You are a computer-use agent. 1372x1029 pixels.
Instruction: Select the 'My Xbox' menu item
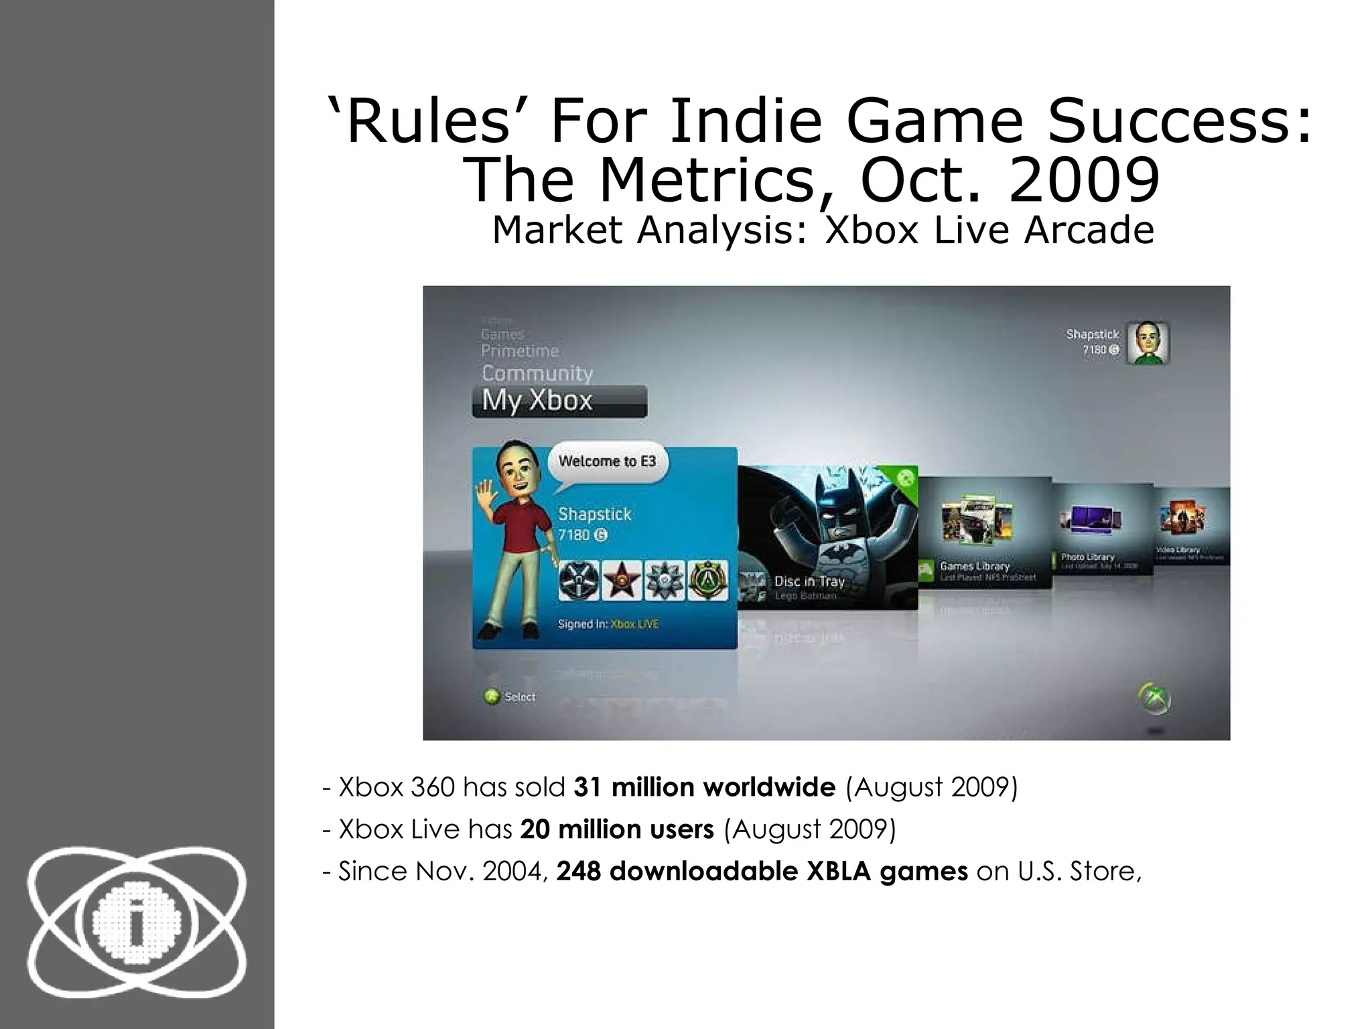tap(537, 401)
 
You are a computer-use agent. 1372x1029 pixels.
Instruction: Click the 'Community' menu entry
tap(537, 373)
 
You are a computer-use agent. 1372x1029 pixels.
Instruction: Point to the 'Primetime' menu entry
tap(520, 351)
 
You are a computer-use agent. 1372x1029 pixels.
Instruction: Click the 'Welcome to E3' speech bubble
tap(607, 462)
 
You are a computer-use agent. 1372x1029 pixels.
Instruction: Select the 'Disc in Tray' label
tap(809, 581)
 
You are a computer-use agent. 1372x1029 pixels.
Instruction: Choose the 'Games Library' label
tap(975, 566)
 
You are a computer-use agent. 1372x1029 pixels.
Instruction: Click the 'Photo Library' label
tap(1087, 557)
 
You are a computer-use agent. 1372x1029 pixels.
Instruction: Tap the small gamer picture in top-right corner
tap(1148, 344)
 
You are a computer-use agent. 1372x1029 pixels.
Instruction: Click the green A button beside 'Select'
tap(492, 697)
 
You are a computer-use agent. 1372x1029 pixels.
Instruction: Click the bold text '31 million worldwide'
tap(705, 787)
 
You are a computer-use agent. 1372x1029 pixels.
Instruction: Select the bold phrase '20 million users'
tap(617, 829)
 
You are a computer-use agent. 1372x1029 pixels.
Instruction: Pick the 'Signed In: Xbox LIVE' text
tap(608, 624)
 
